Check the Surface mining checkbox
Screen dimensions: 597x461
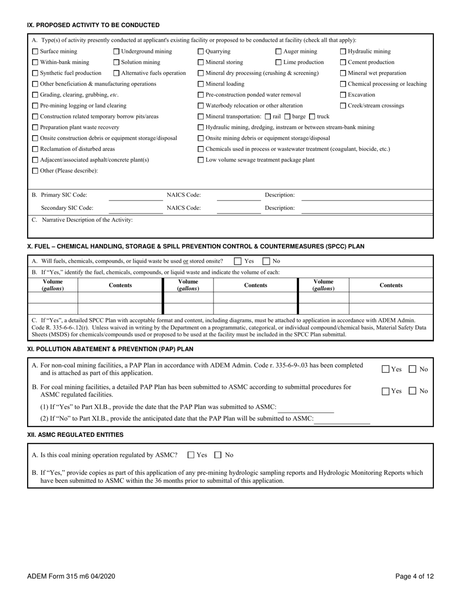(35, 51)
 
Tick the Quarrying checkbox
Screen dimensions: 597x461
(201, 51)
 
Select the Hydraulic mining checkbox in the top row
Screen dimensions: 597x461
(343, 51)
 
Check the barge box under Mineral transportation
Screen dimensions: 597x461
(287, 116)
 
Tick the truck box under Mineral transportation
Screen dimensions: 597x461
(312, 116)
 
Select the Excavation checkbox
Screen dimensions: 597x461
(343, 95)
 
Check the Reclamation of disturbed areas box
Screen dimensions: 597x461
(35, 149)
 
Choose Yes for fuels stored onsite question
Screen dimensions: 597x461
(237, 261)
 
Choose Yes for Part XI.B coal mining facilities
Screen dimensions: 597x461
(385, 391)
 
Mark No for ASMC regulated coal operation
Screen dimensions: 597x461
(218, 455)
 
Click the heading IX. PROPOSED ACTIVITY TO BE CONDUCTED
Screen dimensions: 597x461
(93, 25)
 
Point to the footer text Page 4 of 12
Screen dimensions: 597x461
(414, 577)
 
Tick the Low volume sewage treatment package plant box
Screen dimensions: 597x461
(201, 160)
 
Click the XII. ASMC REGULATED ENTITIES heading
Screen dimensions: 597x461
(75, 434)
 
